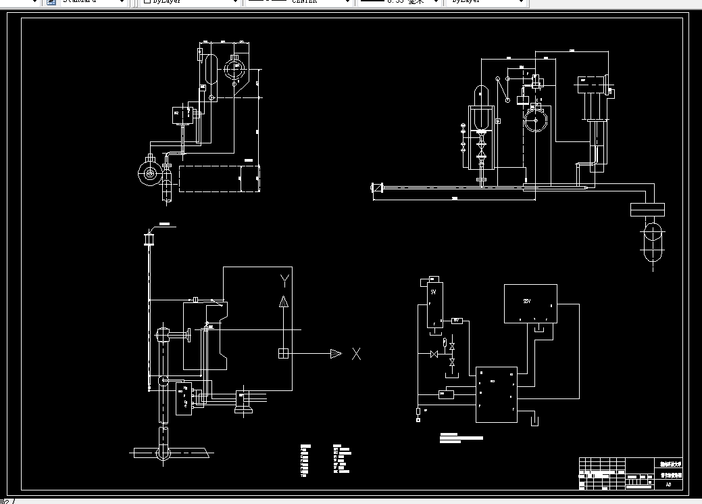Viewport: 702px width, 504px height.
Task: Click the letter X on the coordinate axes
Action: (x=357, y=353)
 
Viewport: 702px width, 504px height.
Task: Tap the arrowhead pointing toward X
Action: (x=335, y=353)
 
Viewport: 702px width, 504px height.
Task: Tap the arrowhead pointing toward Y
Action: (x=284, y=302)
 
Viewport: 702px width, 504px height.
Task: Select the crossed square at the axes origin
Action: (x=284, y=353)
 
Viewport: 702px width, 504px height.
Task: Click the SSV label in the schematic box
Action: (x=528, y=300)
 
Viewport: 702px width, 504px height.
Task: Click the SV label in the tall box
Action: (x=432, y=292)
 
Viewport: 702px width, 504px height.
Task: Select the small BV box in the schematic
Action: (x=456, y=320)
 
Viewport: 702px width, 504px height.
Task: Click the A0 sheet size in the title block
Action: (x=668, y=484)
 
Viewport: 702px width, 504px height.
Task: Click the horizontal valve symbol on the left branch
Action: (x=433, y=354)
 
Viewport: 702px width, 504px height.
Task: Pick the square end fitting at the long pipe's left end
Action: (x=377, y=187)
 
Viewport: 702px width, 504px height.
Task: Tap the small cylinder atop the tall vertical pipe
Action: (x=149, y=239)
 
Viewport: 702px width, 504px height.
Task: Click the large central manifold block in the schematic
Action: (x=496, y=394)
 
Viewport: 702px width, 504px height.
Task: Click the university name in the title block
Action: (x=671, y=464)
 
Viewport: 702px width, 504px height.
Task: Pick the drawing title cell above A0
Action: (x=671, y=475)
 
